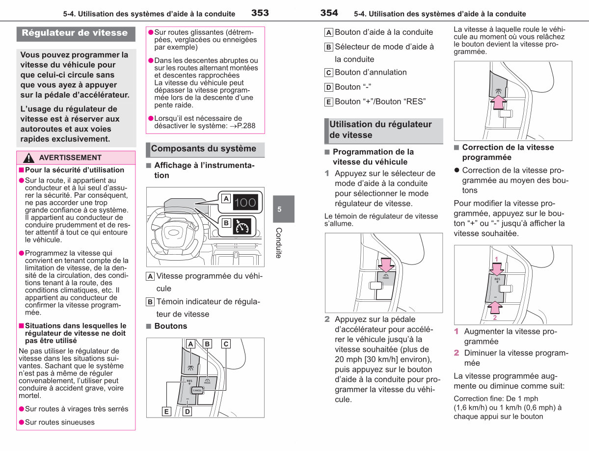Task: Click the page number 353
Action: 260,13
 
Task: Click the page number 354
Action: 329,13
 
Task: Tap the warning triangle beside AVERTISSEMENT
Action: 28,158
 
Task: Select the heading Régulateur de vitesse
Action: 75,33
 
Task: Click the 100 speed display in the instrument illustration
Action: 245,202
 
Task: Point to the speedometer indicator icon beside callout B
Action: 242,226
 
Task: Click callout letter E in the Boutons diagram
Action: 166,411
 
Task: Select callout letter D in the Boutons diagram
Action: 187,411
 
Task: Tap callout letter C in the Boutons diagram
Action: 226,344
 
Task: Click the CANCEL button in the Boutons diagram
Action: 197,390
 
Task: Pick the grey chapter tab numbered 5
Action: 284,209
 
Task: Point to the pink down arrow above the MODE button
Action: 386,265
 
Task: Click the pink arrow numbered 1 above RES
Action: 496,269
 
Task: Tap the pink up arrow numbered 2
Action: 495,308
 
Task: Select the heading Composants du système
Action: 204,148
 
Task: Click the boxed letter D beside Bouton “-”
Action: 328,87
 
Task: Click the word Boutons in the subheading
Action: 171,326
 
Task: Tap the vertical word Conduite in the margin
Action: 279,243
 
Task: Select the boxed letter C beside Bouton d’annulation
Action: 328,73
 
